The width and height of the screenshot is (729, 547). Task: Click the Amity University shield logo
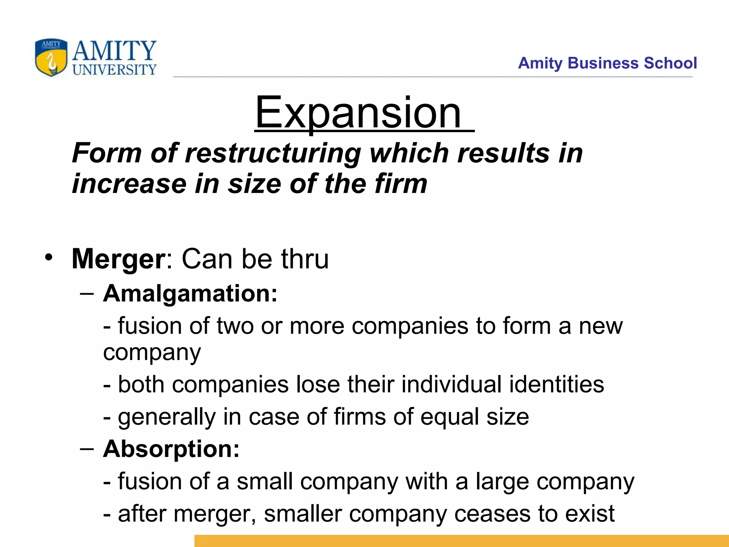click(x=51, y=57)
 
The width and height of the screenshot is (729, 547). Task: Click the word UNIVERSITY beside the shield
click(x=114, y=69)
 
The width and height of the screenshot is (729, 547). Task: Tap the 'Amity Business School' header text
click(x=607, y=63)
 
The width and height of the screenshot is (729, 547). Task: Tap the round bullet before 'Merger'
click(x=49, y=257)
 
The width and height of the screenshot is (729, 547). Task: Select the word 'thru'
click(x=305, y=259)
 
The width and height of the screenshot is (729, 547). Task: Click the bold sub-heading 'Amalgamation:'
click(x=190, y=294)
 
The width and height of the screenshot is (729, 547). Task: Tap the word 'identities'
click(x=556, y=385)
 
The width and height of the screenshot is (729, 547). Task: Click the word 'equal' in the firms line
click(x=450, y=417)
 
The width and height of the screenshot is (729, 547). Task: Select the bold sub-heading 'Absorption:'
click(x=171, y=449)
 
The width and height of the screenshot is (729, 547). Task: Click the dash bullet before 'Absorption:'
click(x=87, y=449)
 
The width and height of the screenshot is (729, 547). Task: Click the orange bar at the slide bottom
click(x=461, y=541)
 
